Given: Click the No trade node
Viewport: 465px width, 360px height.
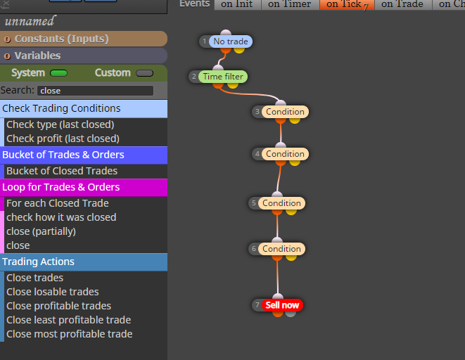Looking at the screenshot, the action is coord(231,41).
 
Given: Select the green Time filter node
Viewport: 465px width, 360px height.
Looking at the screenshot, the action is coord(223,77).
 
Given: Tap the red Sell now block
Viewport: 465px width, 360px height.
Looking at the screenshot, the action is coord(282,305).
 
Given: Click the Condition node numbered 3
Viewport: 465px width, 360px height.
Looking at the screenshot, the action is coord(285,112).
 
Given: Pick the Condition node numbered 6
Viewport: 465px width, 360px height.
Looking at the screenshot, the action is coord(281,249).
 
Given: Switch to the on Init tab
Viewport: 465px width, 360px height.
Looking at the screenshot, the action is coord(236,4).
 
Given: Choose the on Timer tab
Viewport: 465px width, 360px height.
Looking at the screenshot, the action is coord(290,4).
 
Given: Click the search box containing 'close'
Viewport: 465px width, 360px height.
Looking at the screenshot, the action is coord(95,91).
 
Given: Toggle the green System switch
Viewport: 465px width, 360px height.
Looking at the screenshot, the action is coord(58,73).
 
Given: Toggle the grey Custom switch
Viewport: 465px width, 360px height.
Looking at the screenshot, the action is coord(144,73).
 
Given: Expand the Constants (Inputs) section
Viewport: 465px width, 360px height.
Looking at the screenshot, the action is coord(84,39).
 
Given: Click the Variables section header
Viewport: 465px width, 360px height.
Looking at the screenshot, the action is coord(84,56).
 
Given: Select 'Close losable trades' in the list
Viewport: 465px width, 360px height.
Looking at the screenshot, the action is coord(53,292).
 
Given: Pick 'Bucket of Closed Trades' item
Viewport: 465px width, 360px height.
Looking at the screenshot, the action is coord(62,171).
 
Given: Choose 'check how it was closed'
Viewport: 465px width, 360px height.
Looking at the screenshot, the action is coord(61,217).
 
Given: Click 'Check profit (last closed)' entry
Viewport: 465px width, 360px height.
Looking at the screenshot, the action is coord(63,139).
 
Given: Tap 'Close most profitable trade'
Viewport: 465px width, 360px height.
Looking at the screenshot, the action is coord(70,334).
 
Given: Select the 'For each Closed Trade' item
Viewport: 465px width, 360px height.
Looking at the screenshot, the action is coord(58,203).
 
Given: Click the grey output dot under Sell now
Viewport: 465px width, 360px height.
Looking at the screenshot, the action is coord(291,313).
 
